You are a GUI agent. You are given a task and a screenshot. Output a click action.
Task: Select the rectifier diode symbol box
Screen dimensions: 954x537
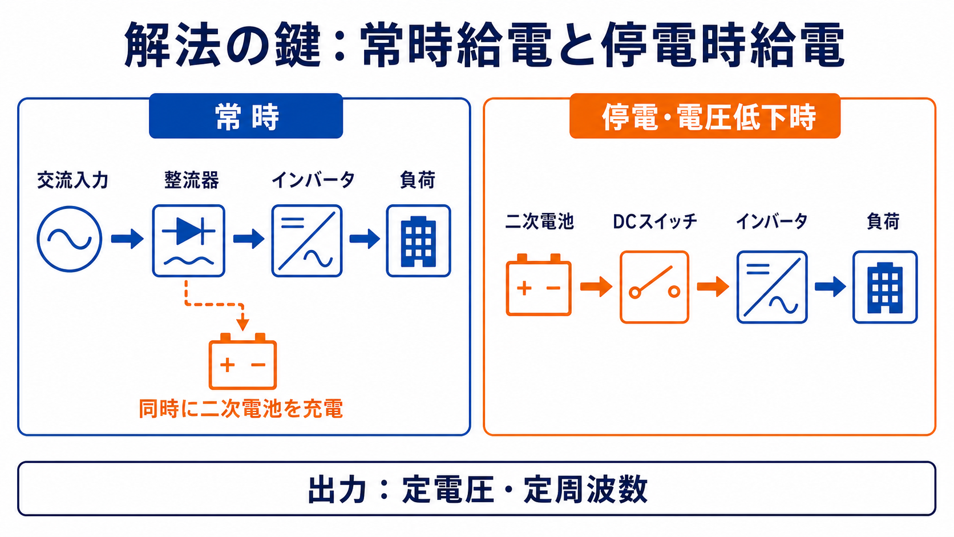pos(189,241)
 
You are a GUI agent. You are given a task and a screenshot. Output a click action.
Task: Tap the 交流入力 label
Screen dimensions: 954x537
pos(72,180)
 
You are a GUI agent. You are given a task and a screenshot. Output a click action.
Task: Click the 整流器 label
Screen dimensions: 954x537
pos(192,180)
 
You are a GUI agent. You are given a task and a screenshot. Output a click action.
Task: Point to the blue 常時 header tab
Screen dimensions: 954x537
pos(246,116)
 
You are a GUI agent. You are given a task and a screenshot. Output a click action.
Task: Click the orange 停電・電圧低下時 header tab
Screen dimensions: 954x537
pos(705,116)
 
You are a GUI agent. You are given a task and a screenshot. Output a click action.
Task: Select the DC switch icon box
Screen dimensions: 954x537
pos(654,287)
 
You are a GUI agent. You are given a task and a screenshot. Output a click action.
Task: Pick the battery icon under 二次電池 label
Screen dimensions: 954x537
pos(539,285)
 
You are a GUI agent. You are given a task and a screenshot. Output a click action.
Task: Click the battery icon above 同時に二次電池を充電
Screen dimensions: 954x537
pos(242,362)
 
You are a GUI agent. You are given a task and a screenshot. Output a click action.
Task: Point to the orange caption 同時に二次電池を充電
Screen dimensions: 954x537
pos(241,409)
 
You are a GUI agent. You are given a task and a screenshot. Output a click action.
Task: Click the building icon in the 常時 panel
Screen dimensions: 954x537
pos(419,241)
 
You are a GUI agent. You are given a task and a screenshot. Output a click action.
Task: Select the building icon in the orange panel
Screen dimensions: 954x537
pos(885,287)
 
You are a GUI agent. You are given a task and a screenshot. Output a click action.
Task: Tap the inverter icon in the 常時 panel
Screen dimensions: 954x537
pos(307,241)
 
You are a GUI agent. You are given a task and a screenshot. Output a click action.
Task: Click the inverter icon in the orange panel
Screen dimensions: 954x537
pos(772,287)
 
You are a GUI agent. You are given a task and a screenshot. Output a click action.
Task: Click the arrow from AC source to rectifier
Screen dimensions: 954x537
pos(127,239)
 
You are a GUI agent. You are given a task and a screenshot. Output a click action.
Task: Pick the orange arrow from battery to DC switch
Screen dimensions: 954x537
pos(596,286)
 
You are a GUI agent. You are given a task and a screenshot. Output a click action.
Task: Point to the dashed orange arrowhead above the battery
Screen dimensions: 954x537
pos(242,324)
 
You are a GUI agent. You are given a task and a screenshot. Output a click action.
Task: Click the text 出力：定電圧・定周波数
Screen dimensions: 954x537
pos(478,490)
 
